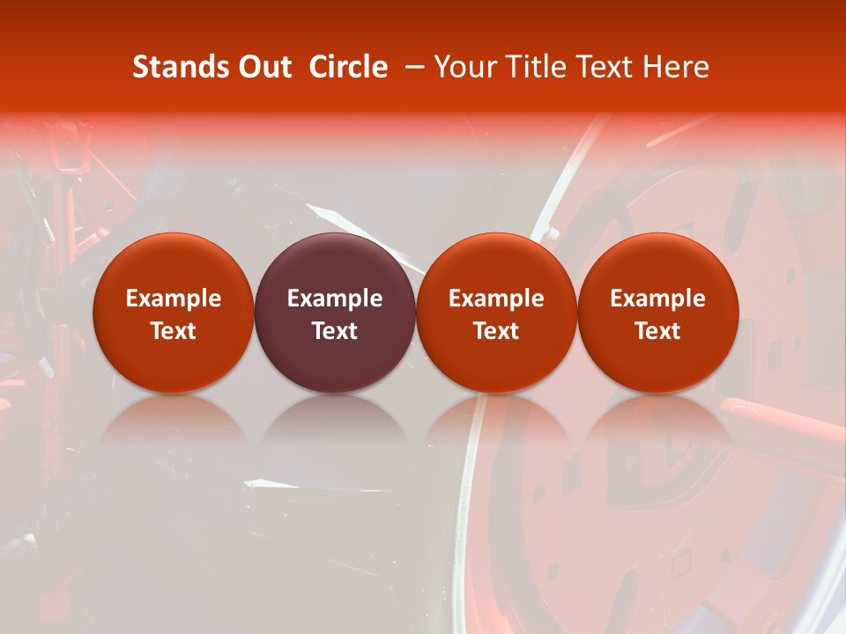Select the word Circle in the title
(x=348, y=67)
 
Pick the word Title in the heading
(x=533, y=67)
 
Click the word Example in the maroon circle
(x=335, y=299)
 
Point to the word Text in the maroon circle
(x=335, y=331)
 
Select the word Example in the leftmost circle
(x=174, y=299)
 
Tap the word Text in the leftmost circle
(x=174, y=331)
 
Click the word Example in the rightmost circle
(x=658, y=299)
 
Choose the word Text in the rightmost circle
(x=658, y=331)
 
